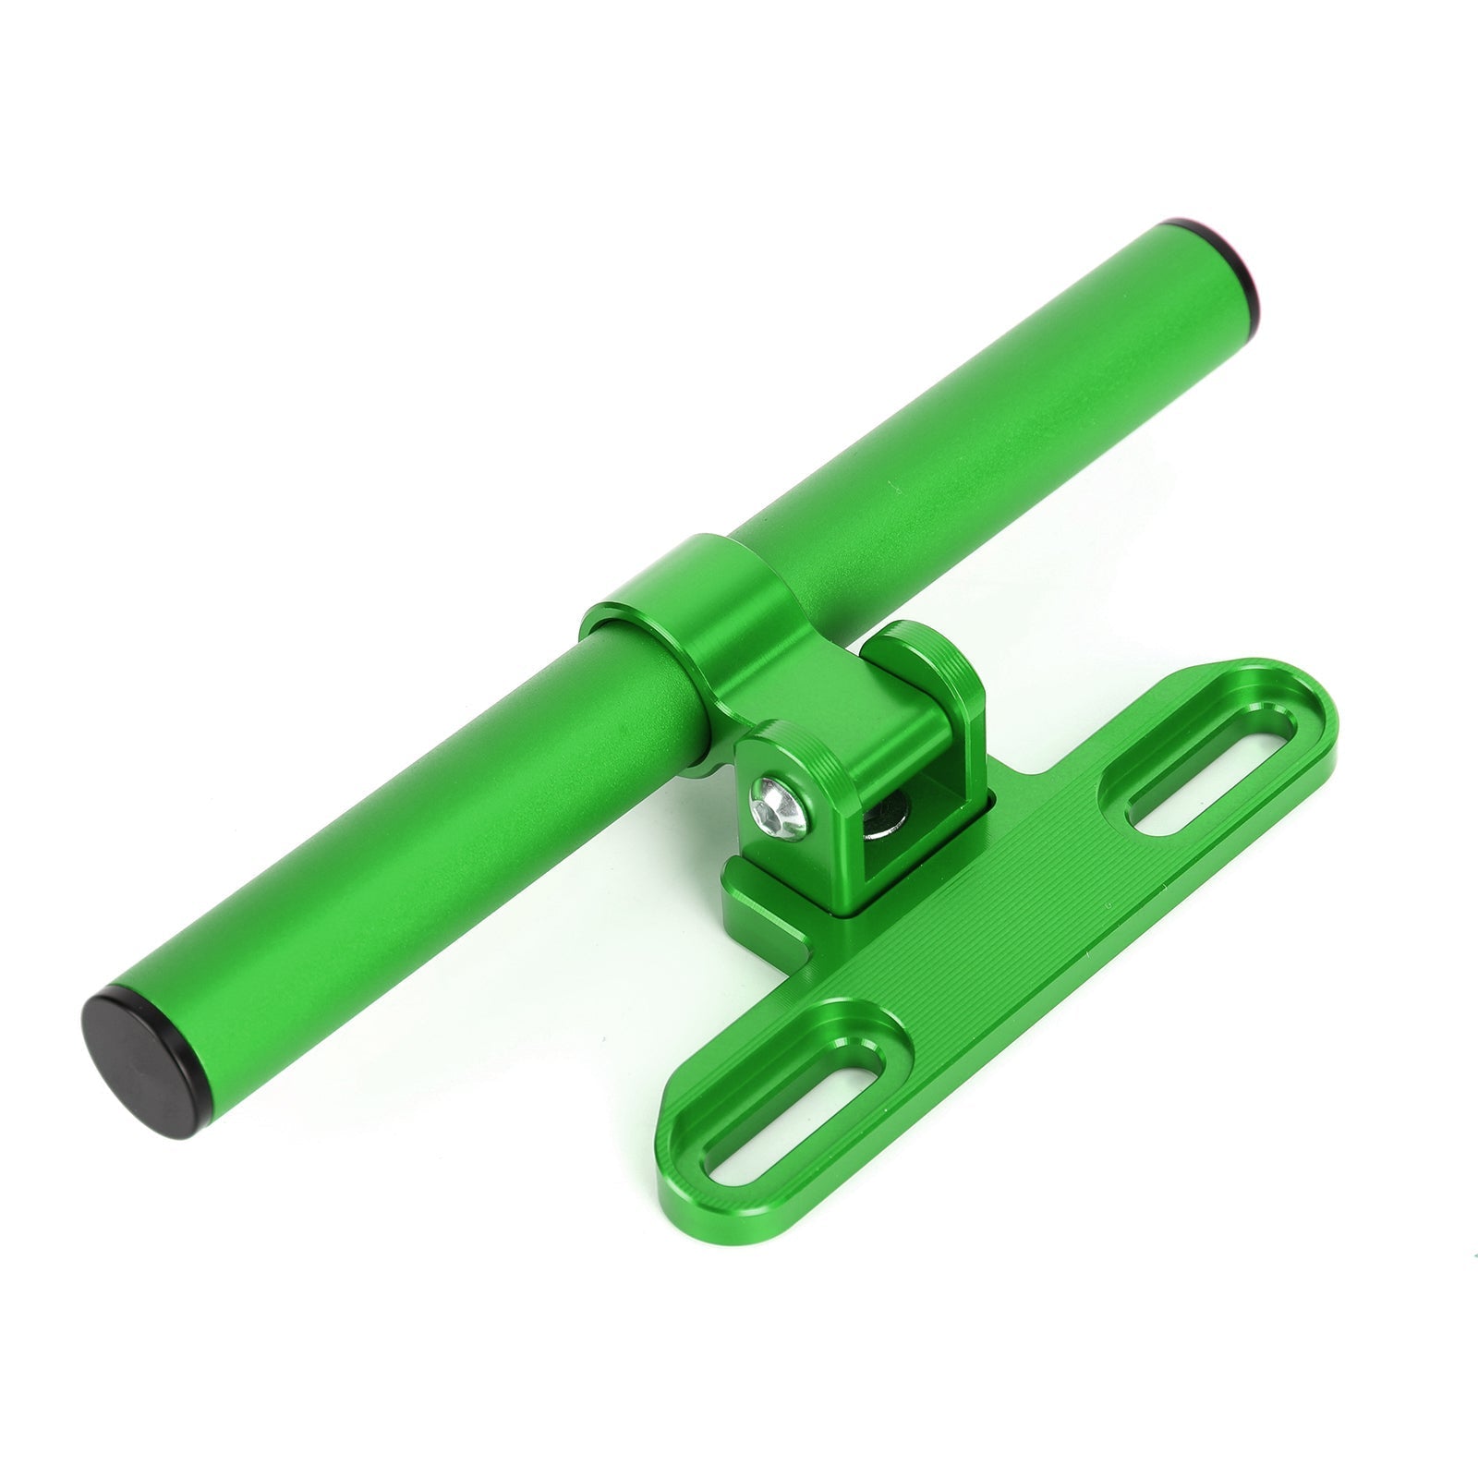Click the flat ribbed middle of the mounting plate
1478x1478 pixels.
pyautogui.click(x=998, y=933)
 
